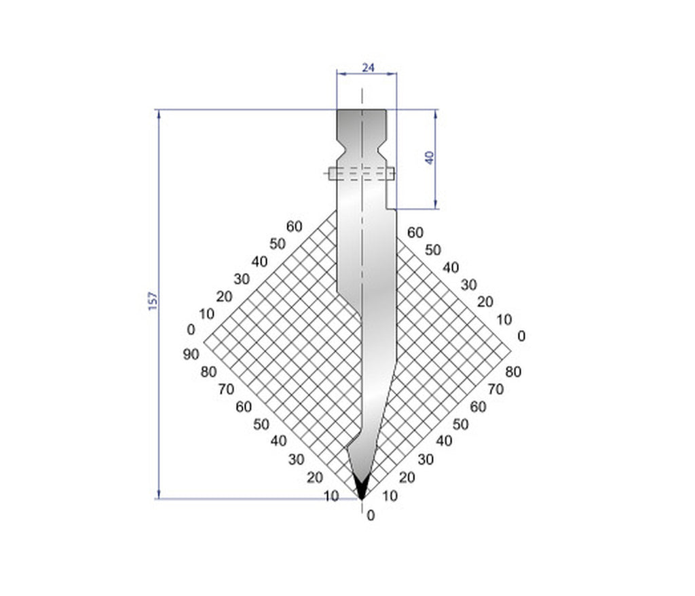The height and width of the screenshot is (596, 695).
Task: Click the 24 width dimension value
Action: [x=367, y=66]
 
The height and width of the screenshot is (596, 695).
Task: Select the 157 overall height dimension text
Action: [x=152, y=301]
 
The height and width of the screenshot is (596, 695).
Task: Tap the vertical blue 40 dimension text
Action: [x=429, y=158]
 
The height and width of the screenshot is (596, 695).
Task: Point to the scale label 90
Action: [x=191, y=355]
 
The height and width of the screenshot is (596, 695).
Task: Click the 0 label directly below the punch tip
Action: [x=371, y=515]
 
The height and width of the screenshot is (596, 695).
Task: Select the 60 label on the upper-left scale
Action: [x=294, y=226]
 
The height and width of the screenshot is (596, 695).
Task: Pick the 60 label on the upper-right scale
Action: [x=415, y=233]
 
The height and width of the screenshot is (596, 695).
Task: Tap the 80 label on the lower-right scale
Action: [x=514, y=372]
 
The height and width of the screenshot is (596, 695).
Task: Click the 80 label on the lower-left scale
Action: [x=208, y=372]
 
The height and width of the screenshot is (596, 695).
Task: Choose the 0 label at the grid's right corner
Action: [x=521, y=336]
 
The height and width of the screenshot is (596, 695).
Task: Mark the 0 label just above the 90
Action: [x=191, y=330]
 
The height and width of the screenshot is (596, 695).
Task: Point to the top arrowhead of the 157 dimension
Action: [x=159, y=114]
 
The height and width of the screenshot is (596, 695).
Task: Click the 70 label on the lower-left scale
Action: [x=226, y=389]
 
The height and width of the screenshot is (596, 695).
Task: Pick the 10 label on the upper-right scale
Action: [x=504, y=319]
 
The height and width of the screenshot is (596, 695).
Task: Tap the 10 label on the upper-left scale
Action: [x=207, y=313]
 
